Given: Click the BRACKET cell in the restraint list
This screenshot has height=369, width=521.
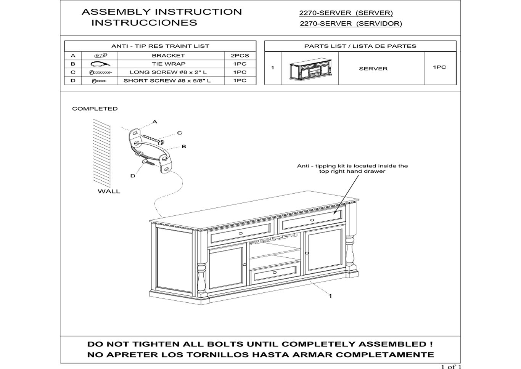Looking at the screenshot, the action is click(169, 56).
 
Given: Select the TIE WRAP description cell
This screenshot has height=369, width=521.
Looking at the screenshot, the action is click(169, 64).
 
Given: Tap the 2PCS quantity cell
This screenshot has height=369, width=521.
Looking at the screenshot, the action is click(240, 56).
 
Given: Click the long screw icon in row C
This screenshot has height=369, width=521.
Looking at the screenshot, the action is click(100, 72).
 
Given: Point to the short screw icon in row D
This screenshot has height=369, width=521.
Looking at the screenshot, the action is click(99, 81).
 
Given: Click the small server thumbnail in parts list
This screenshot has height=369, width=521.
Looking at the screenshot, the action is click(310, 69).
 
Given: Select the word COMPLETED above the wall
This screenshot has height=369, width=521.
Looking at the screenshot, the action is click(95, 109).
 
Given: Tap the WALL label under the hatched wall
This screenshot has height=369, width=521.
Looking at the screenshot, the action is click(109, 191).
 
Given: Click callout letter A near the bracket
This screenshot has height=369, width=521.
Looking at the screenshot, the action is click(155, 122).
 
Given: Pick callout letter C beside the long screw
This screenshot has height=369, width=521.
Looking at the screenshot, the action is click(180, 133).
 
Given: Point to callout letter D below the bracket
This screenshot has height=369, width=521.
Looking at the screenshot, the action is click(133, 176).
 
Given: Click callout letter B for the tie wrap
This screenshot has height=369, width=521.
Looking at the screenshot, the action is click(184, 146).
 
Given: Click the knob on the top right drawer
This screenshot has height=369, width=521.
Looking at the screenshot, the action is click(312, 220).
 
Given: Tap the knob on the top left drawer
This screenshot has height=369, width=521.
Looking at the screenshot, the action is click(241, 233).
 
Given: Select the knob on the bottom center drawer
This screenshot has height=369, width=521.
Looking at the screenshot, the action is click(275, 272).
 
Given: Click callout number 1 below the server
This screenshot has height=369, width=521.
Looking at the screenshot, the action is click(330, 296).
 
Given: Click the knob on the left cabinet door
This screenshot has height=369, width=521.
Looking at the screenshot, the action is click(244, 265).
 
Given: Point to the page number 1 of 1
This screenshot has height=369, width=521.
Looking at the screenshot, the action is click(451, 367).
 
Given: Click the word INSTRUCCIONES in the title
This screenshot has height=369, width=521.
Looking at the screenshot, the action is click(144, 23).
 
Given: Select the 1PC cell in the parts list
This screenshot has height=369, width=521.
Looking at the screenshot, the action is click(439, 67).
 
